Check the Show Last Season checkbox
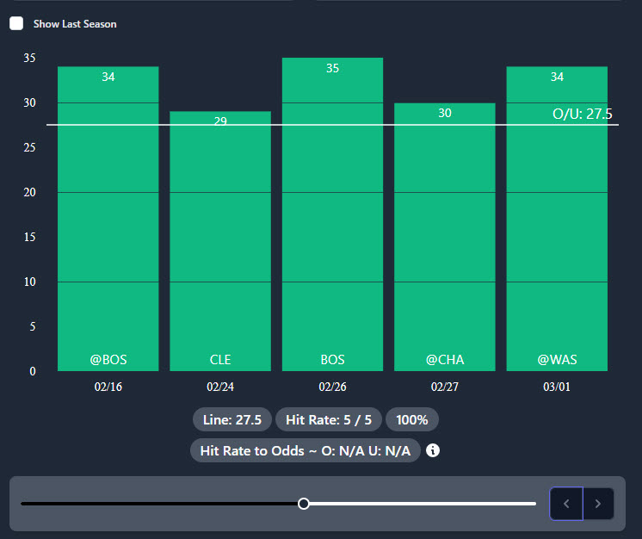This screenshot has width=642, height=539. pos(16,23)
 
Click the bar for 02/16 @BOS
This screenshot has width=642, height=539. pos(108,215)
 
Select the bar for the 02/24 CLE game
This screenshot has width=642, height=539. pos(220,241)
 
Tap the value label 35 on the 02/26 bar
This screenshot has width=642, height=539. pos(332,68)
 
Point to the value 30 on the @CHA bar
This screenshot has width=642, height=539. pos(445,113)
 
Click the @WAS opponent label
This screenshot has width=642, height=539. pos(557,359)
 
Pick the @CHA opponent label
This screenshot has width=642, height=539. pos(445,359)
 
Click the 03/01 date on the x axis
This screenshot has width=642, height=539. pos(557,387)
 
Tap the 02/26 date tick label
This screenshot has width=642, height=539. pos(332,387)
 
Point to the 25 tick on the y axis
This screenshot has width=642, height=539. pos(30,148)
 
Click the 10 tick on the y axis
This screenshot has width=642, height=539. pos(30,282)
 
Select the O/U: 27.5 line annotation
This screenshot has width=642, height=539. pos(583,114)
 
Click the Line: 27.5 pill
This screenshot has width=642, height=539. pos(232,419)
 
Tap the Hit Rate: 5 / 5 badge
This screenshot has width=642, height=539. pos(329,419)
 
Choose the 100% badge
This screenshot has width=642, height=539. pos(412,419)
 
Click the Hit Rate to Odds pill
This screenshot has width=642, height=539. pos(305,450)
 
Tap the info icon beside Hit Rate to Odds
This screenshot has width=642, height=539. pos(433,450)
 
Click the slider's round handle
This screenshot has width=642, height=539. pos(304,504)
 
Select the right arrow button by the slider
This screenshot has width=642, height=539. pos(598,504)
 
